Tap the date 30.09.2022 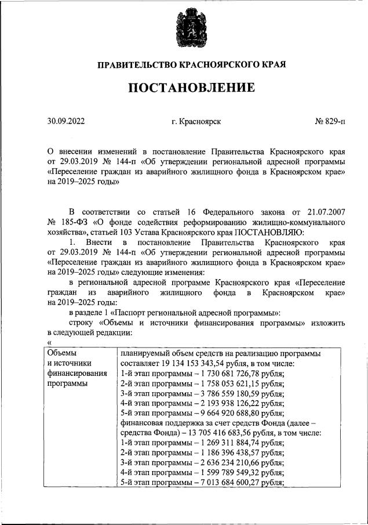pos(66,122)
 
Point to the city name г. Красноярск pos(196,122)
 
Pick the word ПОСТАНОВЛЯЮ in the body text pos(271,231)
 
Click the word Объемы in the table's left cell pos(61,353)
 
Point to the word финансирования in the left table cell pos(76,374)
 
